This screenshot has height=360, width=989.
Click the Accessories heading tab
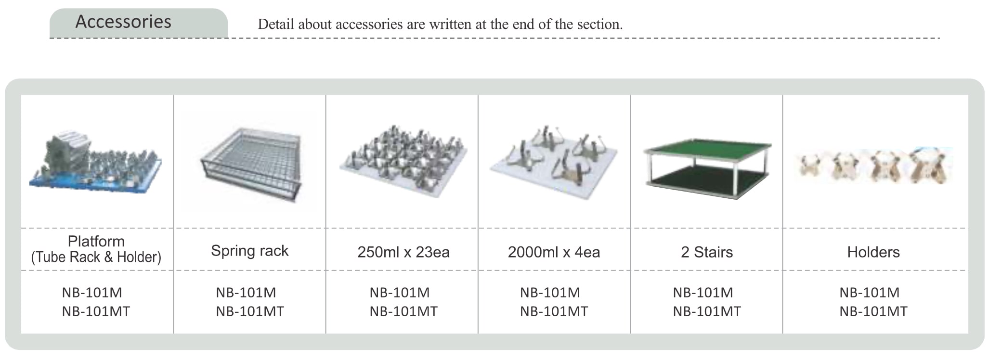coord(124,22)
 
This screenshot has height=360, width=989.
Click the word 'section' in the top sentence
coord(598,25)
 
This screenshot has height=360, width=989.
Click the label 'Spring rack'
coord(249,251)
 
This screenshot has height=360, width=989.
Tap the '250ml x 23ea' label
coord(403,252)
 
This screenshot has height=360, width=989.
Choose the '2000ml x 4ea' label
coord(554,252)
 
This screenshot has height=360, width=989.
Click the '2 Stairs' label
coord(706,252)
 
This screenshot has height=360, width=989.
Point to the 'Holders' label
coord(873,252)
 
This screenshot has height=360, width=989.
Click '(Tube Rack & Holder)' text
coord(96,257)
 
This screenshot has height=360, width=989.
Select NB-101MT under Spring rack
coord(249,312)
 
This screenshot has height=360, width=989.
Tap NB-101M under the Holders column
coord(869,293)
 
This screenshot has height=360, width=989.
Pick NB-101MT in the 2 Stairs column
coord(706,312)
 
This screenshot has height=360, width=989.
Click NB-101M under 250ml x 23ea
coord(399,293)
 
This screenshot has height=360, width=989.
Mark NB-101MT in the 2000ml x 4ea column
coord(554,312)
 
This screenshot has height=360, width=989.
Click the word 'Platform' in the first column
coord(96,241)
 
